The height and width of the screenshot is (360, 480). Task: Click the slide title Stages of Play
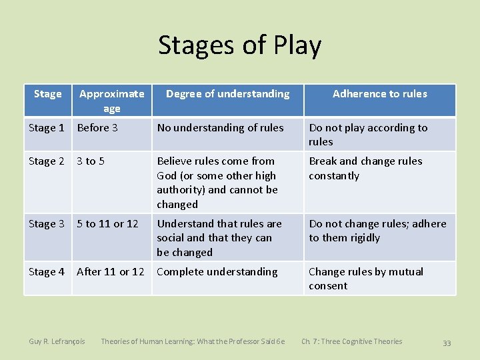pyautogui.click(x=239, y=45)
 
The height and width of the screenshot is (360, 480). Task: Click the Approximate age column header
pyautogui.click(x=111, y=101)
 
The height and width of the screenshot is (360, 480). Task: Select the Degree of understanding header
pyautogui.click(x=227, y=94)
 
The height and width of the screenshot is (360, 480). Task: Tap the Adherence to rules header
pyautogui.click(x=379, y=94)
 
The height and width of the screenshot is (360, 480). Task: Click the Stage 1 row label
pyautogui.click(x=47, y=128)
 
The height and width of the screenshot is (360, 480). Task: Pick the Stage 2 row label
pyautogui.click(x=47, y=161)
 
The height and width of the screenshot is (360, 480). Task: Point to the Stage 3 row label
pyautogui.click(x=47, y=224)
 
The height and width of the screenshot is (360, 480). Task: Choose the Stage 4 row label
pyautogui.click(x=47, y=272)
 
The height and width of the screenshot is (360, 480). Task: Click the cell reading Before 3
pyautogui.click(x=97, y=128)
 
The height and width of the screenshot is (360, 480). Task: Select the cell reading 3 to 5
pyautogui.click(x=91, y=161)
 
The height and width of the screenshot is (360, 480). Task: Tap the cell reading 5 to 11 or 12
pyautogui.click(x=107, y=224)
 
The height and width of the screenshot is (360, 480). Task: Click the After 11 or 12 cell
pyautogui.click(x=110, y=272)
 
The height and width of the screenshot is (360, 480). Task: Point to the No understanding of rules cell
pyautogui.click(x=220, y=128)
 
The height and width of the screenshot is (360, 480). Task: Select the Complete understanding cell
pyautogui.click(x=217, y=272)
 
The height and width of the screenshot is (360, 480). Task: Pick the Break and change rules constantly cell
pyautogui.click(x=365, y=169)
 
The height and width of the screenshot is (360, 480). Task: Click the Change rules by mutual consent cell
pyautogui.click(x=365, y=279)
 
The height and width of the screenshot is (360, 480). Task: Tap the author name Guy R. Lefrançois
pyautogui.click(x=57, y=342)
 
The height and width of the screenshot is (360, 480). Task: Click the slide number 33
pyautogui.click(x=447, y=343)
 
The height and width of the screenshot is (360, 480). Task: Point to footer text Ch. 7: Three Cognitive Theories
pyautogui.click(x=351, y=342)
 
